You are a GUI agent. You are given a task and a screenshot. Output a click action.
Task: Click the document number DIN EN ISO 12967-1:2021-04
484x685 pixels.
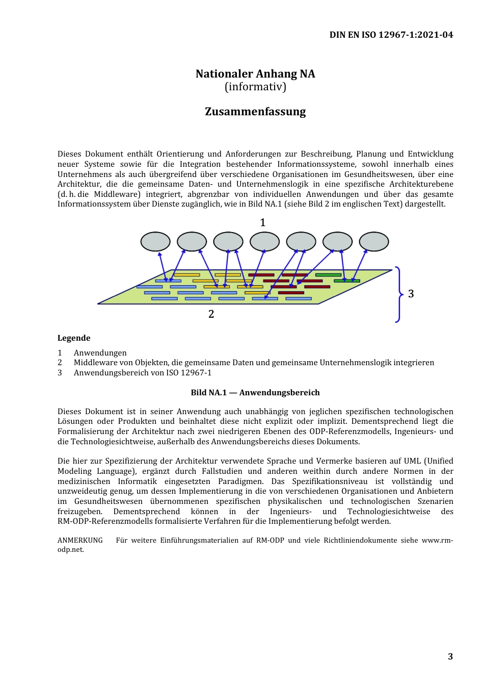(x=391, y=35)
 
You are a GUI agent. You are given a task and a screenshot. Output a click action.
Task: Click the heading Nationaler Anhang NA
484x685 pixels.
(x=255, y=74)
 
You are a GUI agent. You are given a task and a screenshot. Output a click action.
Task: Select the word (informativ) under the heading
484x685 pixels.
(x=255, y=87)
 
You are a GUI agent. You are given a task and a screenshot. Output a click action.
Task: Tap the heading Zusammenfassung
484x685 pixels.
(x=255, y=112)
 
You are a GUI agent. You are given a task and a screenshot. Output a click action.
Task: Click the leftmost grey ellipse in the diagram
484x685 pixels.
(x=155, y=242)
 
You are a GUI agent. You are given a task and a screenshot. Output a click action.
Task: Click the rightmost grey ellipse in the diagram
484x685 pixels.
(x=374, y=242)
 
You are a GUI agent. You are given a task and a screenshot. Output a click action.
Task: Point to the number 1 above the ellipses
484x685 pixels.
(x=263, y=222)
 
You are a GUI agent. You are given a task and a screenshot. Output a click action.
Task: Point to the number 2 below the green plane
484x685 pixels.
(x=211, y=314)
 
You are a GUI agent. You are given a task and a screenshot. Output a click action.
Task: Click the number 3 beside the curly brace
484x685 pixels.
(x=411, y=294)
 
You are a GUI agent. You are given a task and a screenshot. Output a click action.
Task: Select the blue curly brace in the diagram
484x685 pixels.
(x=398, y=294)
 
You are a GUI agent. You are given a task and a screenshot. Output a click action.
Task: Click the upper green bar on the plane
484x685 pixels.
(x=328, y=275)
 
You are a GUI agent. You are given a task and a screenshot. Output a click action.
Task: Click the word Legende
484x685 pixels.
(x=74, y=338)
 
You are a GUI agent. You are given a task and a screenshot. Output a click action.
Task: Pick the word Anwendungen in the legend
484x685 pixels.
(x=100, y=353)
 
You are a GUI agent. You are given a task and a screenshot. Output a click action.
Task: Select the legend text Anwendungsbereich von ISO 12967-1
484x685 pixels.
(x=143, y=373)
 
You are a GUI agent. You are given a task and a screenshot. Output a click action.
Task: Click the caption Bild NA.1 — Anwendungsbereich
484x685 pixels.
(x=255, y=393)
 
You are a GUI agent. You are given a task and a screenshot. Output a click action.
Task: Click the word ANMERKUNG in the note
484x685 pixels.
(x=80, y=541)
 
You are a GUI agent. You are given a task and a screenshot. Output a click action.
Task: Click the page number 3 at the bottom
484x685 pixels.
(x=450, y=656)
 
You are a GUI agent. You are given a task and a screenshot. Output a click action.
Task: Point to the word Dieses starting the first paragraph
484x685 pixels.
(x=69, y=154)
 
